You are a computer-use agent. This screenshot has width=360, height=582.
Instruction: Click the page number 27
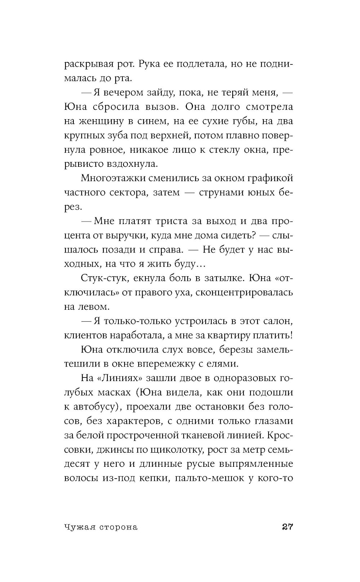[287, 527]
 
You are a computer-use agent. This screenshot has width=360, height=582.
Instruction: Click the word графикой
[269, 178]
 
